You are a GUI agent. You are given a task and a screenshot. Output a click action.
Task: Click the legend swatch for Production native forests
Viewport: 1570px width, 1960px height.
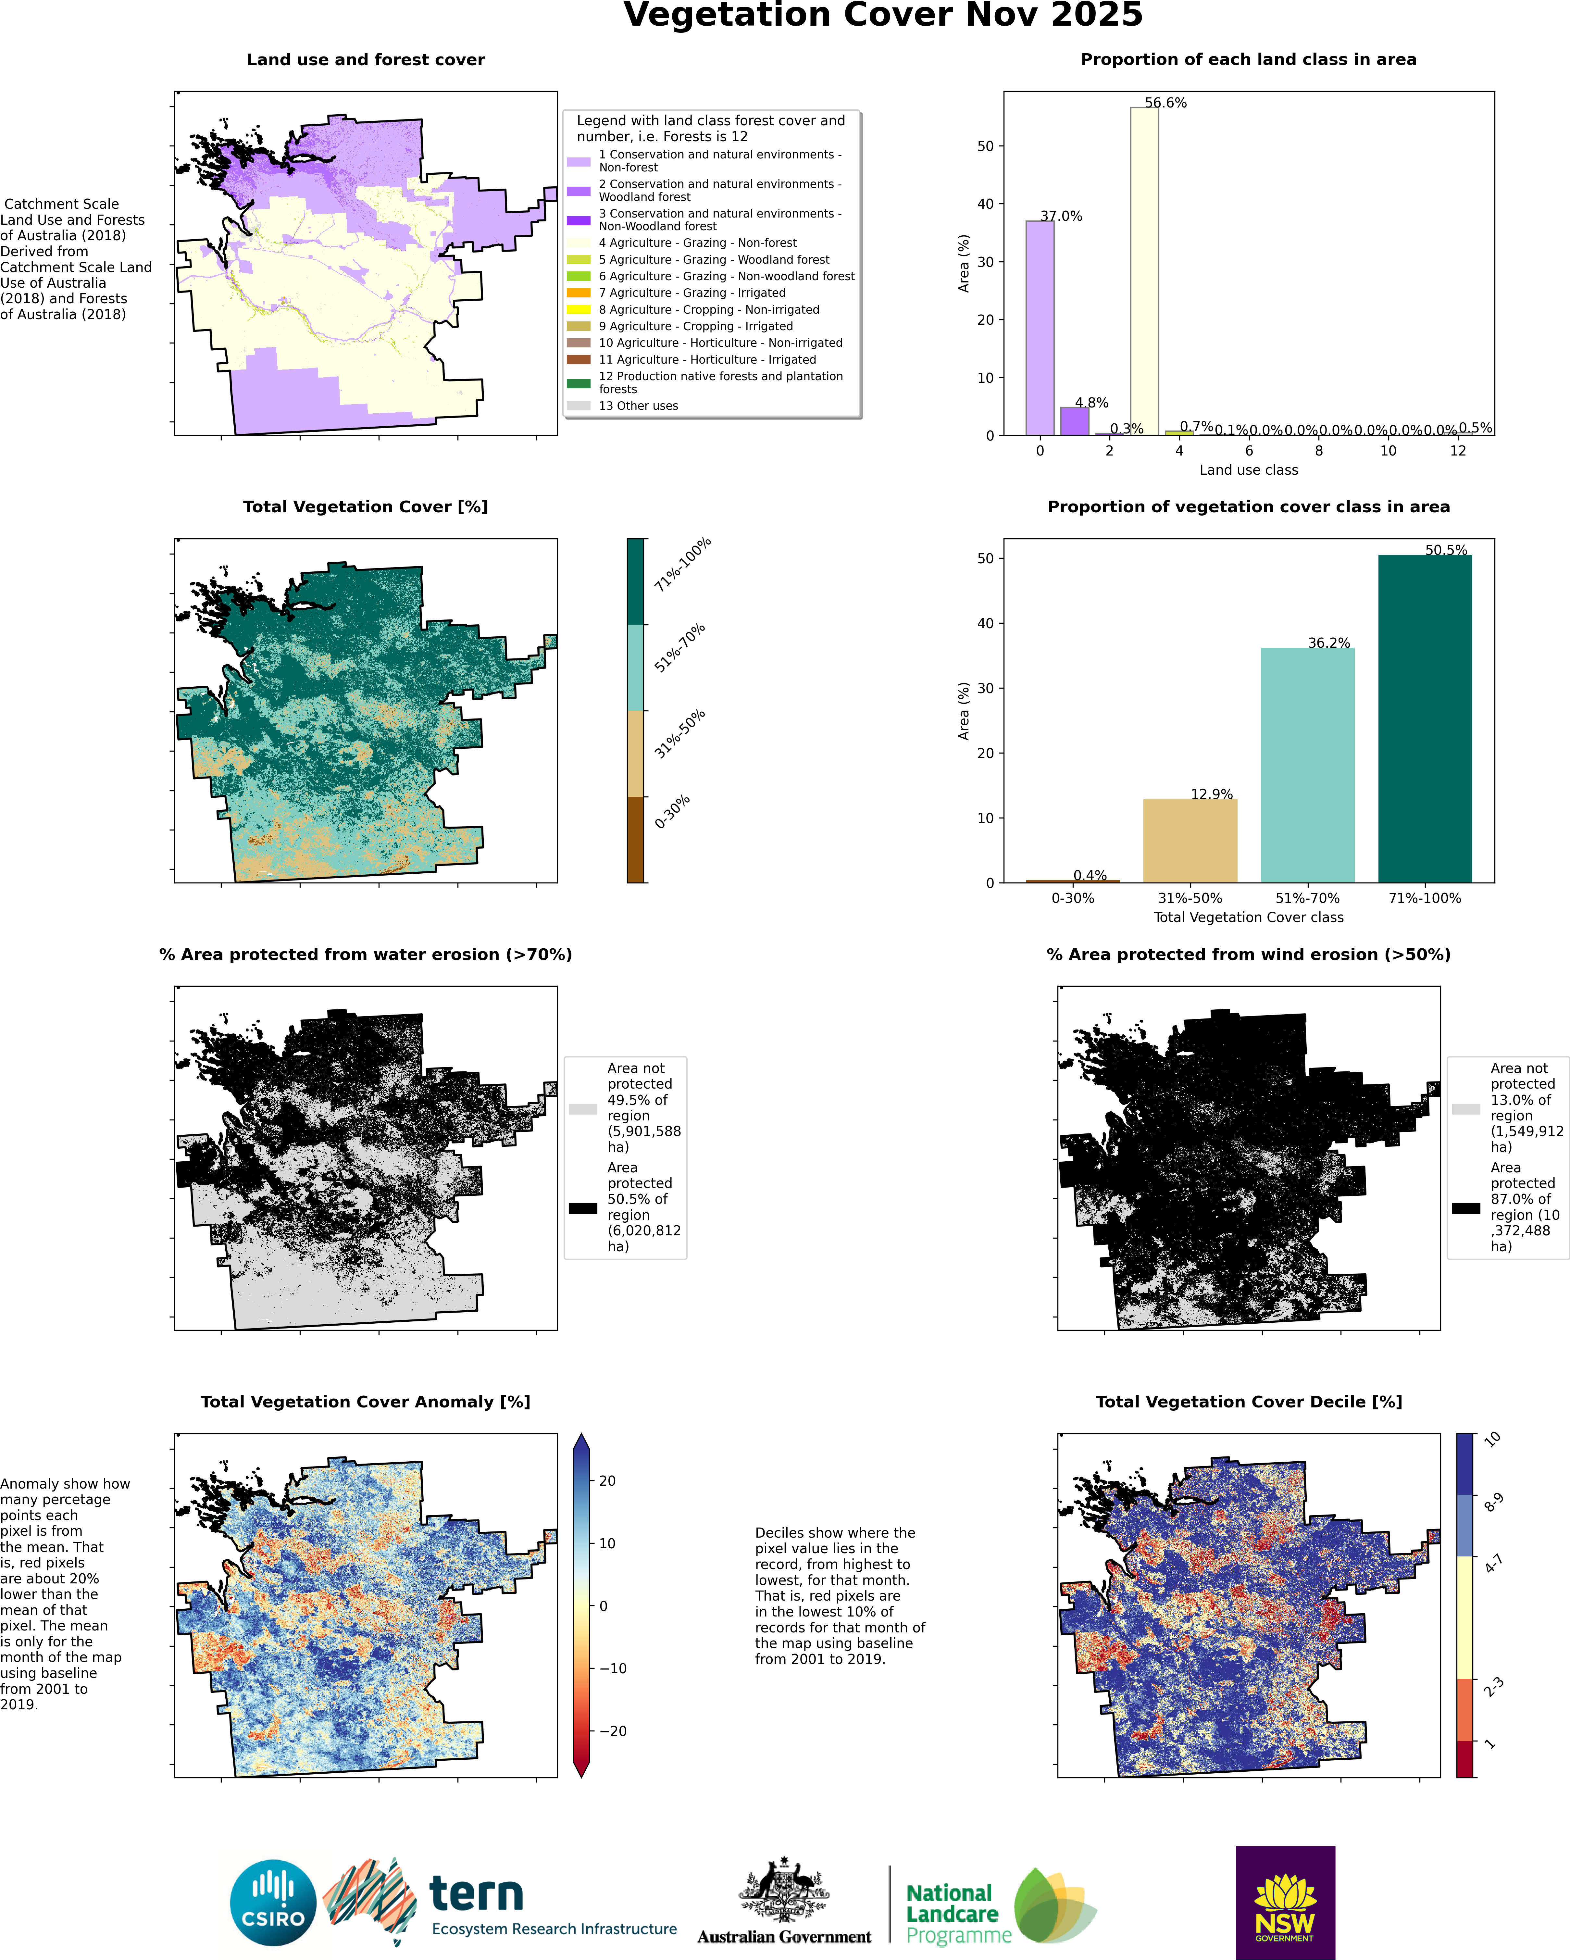(x=578, y=383)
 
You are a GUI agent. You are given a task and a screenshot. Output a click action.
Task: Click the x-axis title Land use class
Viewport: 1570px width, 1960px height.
(x=1248, y=470)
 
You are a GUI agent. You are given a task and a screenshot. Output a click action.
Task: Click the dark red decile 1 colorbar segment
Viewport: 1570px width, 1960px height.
(x=1464, y=1758)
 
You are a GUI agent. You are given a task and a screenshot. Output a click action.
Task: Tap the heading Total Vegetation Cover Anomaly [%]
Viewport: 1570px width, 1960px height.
(x=366, y=1402)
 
